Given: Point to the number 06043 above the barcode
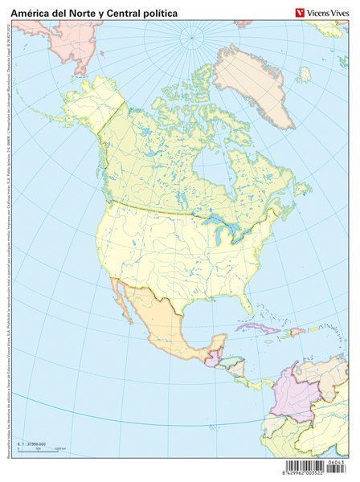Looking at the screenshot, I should [x=336, y=462].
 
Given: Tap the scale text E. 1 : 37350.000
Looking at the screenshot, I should [x=33, y=443].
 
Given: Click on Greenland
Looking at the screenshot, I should [x=261, y=80].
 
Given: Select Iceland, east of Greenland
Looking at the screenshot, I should [x=305, y=75].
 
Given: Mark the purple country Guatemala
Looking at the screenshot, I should [x=210, y=358].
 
